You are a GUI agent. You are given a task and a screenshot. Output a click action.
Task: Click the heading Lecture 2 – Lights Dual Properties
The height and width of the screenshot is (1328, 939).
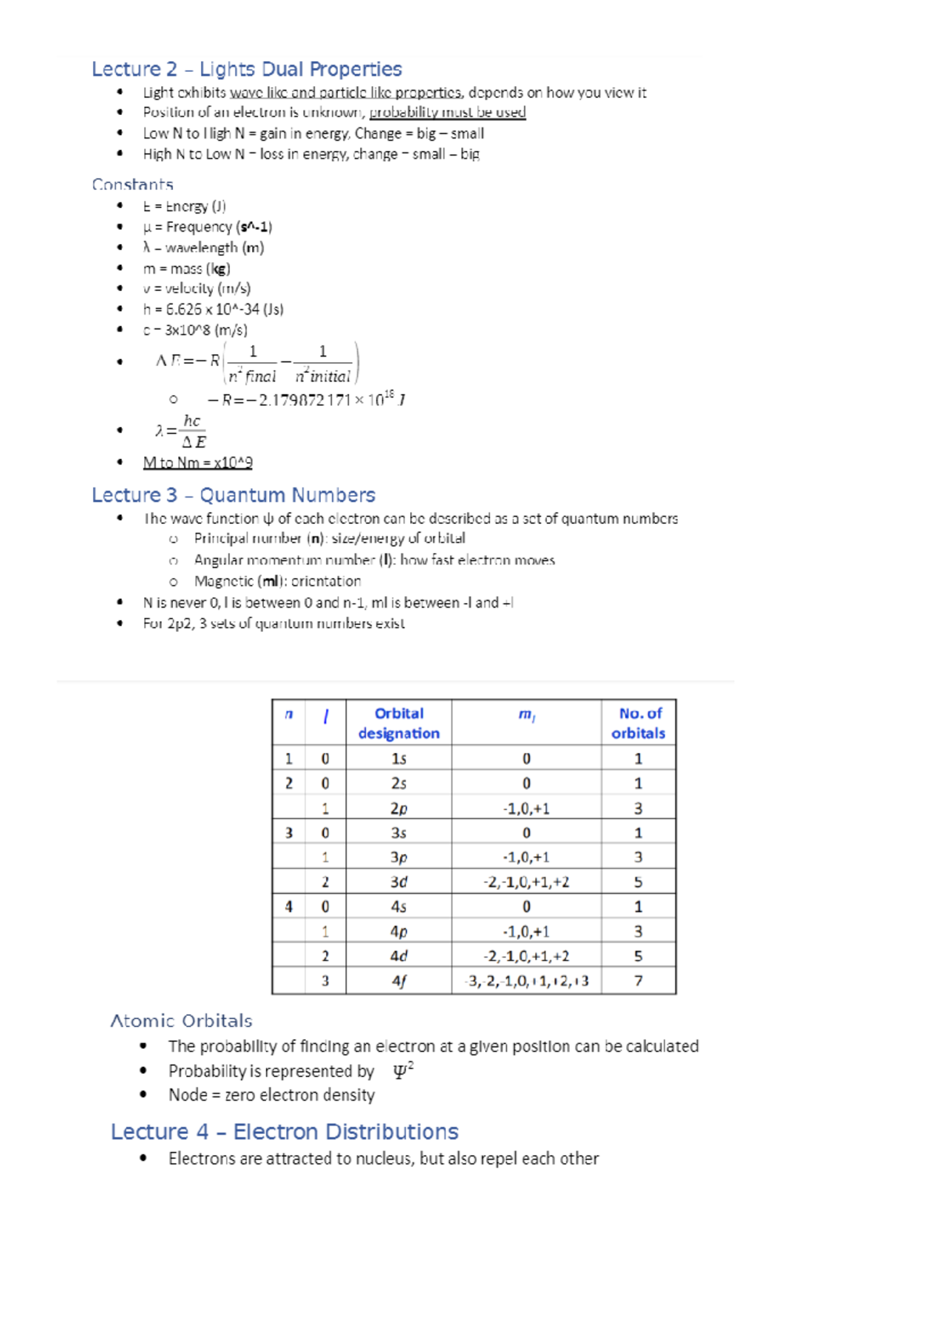[x=246, y=70]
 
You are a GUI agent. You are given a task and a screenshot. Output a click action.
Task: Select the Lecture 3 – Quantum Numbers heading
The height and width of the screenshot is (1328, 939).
[x=233, y=495]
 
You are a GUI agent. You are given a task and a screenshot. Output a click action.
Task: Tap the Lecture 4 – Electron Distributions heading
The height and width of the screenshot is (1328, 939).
[x=284, y=1132]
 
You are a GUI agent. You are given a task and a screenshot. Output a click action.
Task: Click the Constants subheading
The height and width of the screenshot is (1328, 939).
[x=132, y=185]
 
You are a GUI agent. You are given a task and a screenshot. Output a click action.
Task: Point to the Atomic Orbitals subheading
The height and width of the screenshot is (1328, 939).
[x=182, y=1021]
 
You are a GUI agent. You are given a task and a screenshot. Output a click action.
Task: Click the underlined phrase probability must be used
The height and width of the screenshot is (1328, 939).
[x=447, y=112]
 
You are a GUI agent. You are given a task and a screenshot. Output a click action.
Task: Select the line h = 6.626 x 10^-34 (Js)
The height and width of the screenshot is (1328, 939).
[x=213, y=309]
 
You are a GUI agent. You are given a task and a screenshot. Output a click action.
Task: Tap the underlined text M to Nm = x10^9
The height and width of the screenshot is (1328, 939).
[x=197, y=462]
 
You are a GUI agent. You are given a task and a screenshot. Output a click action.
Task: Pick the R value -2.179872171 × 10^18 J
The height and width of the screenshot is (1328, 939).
[x=305, y=400]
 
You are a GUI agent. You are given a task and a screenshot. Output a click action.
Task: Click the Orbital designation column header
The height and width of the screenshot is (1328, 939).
[x=398, y=723]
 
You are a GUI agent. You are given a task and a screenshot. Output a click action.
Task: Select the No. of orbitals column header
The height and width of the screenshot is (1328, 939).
[x=639, y=723]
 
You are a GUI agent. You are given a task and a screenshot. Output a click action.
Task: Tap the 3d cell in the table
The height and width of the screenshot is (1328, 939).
[x=398, y=881]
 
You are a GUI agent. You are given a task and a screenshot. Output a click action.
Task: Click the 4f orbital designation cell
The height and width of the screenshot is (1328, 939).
[x=398, y=981]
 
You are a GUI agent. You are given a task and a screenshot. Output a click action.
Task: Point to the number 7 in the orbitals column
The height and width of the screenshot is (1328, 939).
[x=639, y=981]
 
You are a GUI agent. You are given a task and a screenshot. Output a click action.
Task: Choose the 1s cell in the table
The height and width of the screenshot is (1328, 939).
[x=398, y=759]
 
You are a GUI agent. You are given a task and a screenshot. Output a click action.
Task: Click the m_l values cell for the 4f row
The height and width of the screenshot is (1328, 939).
[x=527, y=981]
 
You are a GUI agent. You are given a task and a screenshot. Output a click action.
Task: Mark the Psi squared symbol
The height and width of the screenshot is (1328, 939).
[x=403, y=1071]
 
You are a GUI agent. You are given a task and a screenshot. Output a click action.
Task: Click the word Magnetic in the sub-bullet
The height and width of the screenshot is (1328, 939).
[x=224, y=581]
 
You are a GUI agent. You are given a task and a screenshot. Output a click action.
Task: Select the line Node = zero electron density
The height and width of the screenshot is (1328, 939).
[x=271, y=1095]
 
